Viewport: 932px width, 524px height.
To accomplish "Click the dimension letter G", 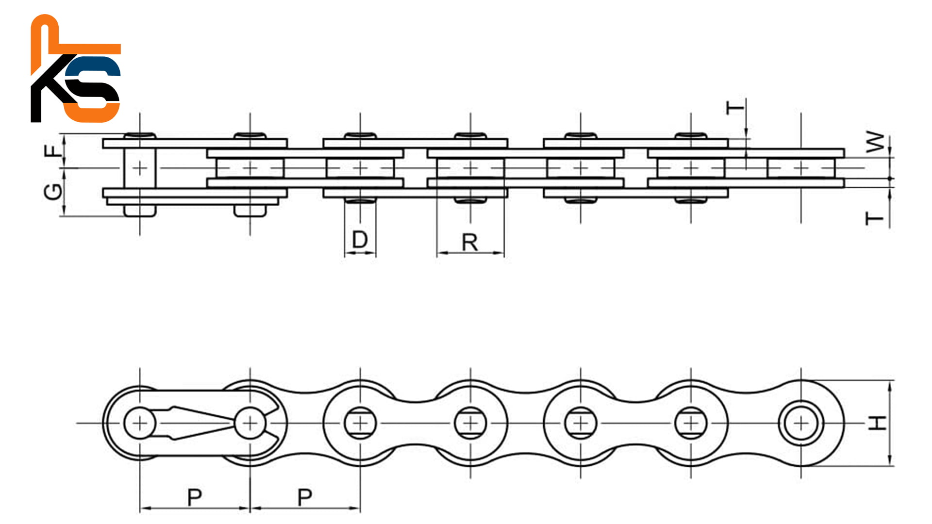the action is point(53,192).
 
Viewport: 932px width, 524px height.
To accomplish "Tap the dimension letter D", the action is point(360,239).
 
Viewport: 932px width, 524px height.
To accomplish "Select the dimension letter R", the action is point(470,242).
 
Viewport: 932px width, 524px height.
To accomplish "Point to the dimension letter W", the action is point(875,142).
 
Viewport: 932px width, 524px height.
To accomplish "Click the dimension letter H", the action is point(877,423).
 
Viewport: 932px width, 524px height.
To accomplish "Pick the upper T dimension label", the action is point(735,107).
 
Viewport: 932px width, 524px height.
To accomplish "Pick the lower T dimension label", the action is point(875,219).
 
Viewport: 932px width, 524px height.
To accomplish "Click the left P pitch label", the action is point(194,497).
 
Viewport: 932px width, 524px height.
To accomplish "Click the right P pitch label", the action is point(304,497).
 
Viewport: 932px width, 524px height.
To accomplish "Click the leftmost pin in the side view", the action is point(140,423).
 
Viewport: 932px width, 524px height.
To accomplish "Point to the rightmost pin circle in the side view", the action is point(801,423).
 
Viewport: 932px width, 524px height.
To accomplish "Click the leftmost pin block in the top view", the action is point(140,168).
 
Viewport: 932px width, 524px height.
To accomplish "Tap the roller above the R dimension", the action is point(470,168).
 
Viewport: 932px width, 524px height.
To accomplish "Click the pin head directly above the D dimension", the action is point(360,200).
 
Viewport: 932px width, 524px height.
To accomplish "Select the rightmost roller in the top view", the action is point(801,168).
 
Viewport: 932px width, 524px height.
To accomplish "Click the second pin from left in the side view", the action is point(250,423).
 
